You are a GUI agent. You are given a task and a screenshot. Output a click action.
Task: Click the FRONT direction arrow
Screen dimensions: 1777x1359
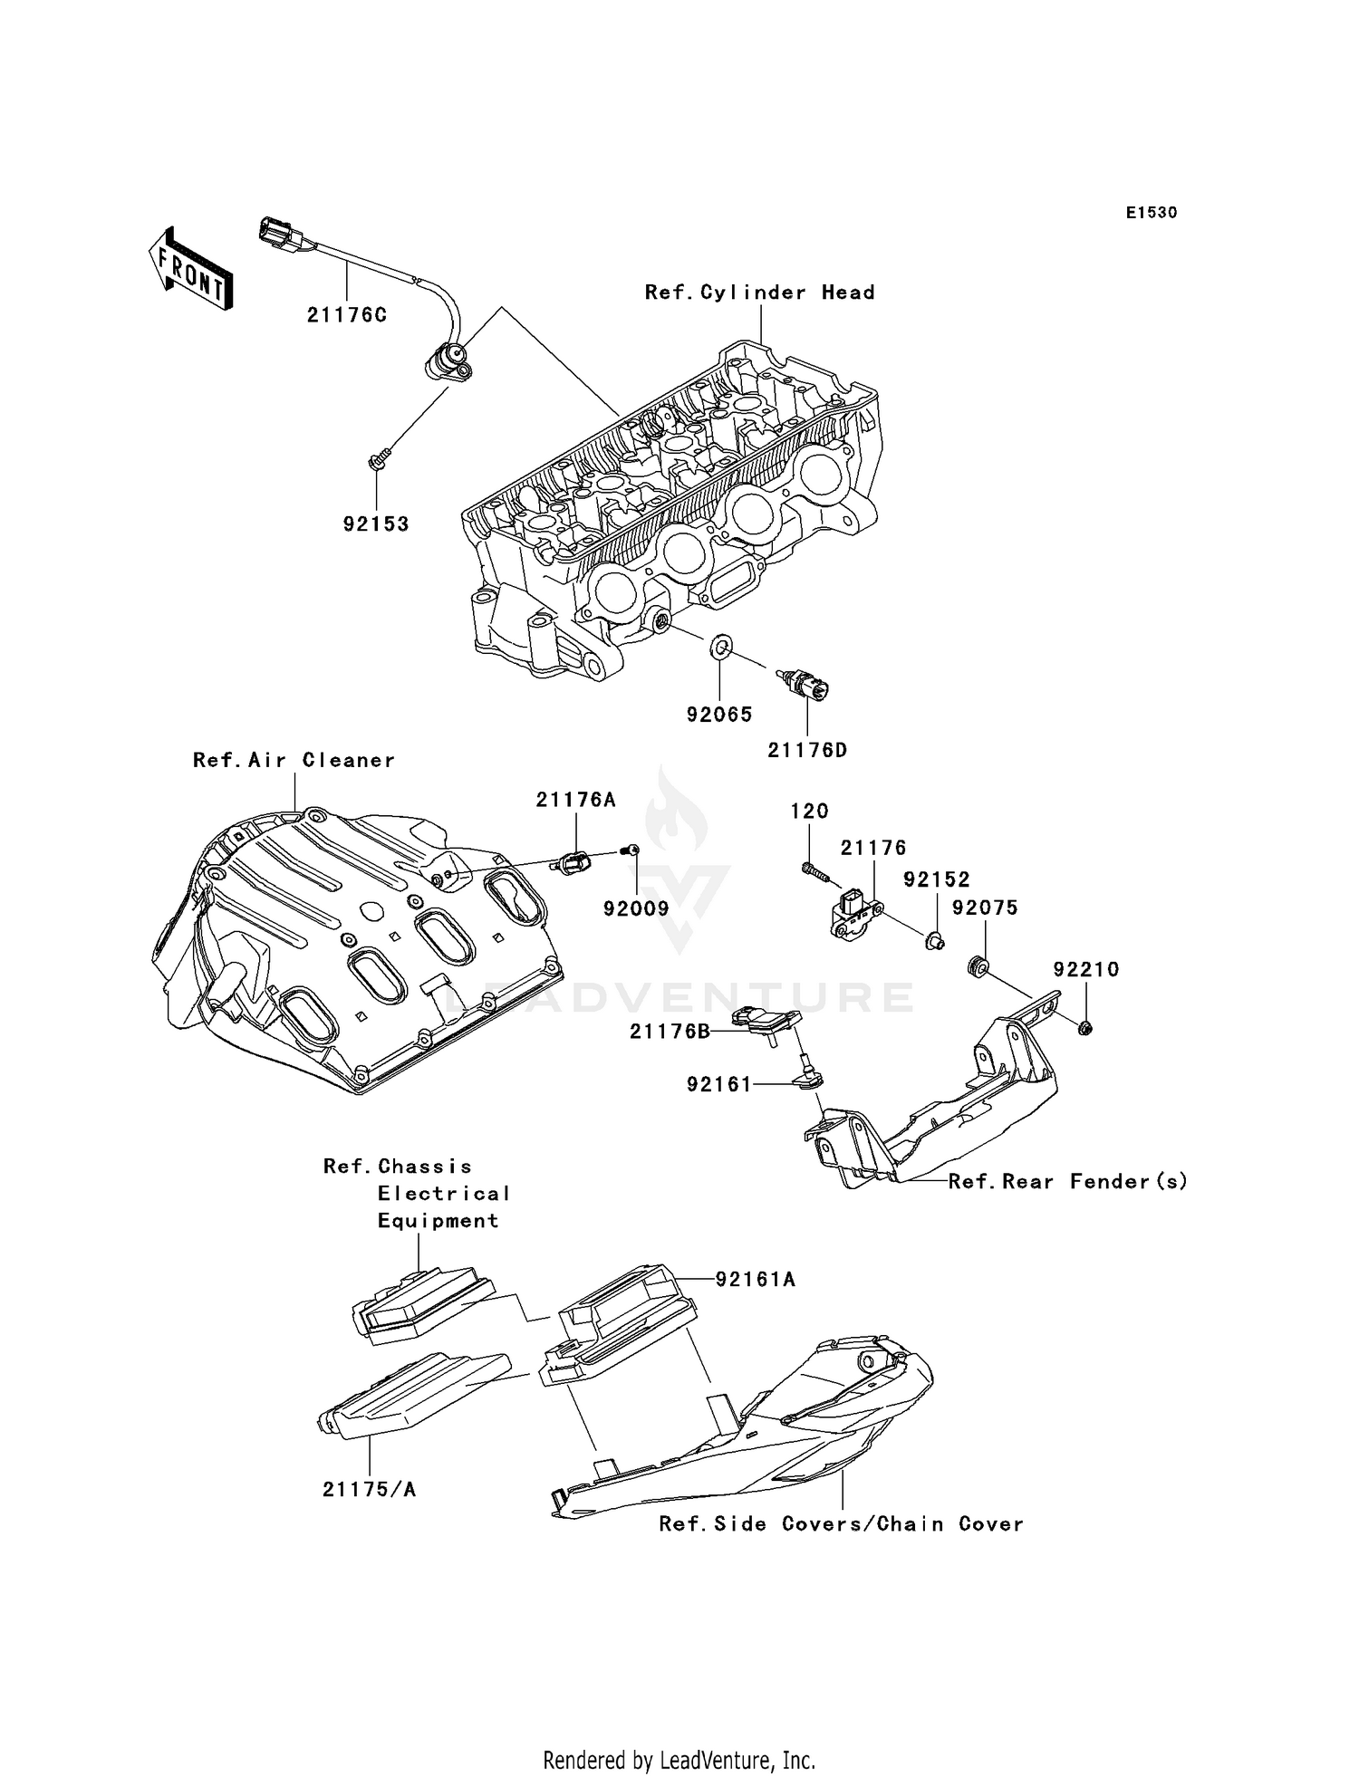click(189, 270)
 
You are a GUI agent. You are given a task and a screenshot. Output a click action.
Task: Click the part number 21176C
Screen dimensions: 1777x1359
click(346, 315)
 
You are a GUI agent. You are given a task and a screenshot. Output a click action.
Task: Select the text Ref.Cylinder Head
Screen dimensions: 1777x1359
click(759, 293)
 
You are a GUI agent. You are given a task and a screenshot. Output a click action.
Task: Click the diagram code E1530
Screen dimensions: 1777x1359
click(1152, 213)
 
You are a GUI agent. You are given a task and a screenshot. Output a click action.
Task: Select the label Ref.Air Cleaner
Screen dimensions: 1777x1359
click(294, 760)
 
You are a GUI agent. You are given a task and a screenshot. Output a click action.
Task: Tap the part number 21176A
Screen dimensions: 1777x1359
click(575, 800)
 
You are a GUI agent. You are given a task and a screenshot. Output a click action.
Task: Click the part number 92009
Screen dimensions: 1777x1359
click(636, 908)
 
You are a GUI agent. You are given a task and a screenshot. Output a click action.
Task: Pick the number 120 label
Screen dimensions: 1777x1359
click(809, 812)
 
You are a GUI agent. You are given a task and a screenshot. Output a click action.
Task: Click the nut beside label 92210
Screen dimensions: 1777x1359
click(1084, 1027)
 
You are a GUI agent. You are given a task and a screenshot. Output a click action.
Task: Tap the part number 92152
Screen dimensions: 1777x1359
click(936, 879)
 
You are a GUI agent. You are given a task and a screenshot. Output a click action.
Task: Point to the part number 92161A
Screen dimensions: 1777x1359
click(755, 1279)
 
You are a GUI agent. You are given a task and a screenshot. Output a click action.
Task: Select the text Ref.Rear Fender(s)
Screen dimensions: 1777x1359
click(1067, 1181)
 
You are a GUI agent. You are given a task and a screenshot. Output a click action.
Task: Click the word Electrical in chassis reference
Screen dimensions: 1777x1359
click(444, 1194)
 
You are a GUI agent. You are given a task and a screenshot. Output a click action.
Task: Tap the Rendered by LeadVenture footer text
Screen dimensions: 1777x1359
click(679, 1760)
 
